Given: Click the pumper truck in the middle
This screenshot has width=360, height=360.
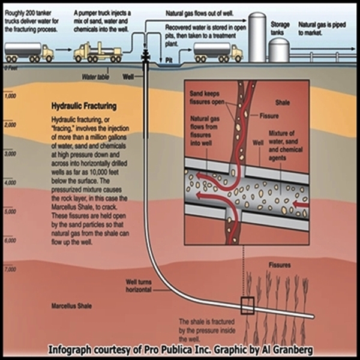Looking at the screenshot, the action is click(x=98, y=53).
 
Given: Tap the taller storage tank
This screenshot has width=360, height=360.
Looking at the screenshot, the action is click(x=257, y=37).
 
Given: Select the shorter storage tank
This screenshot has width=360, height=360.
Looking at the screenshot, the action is click(x=279, y=50).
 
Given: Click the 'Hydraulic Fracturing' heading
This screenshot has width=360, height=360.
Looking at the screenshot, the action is click(x=84, y=106).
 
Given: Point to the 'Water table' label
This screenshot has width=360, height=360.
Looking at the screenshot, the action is click(x=95, y=77).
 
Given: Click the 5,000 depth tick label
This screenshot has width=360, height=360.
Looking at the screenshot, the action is click(x=11, y=211).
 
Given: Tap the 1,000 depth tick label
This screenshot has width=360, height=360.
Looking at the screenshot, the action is click(x=11, y=96).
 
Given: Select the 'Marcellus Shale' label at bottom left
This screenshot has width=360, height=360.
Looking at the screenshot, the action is click(x=71, y=306).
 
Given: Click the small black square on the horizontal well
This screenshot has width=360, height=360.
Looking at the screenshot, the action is click(x=247, y=305).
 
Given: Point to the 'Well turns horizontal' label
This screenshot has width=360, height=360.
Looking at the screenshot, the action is click(x=139, y=286).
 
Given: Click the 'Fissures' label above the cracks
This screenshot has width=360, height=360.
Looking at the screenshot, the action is click(x=280, y=265).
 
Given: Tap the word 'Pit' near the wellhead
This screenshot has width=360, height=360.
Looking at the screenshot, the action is click(x=169, y=61).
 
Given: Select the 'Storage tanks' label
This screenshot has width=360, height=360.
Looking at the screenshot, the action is click(x=280, y=28).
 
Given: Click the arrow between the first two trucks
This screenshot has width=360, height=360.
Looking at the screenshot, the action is click(x=64, y=49).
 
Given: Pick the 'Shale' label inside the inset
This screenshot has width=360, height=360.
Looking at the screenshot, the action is click(x=283, y=103).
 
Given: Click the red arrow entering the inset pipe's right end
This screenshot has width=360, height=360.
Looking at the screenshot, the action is click(x=301, y=203).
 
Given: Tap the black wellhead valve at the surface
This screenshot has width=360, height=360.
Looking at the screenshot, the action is click(x=146, y=56).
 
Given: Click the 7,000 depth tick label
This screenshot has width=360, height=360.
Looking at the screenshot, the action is click(x=11, y=269).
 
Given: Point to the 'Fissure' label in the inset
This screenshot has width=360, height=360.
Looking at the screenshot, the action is click(x=269, y=116).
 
